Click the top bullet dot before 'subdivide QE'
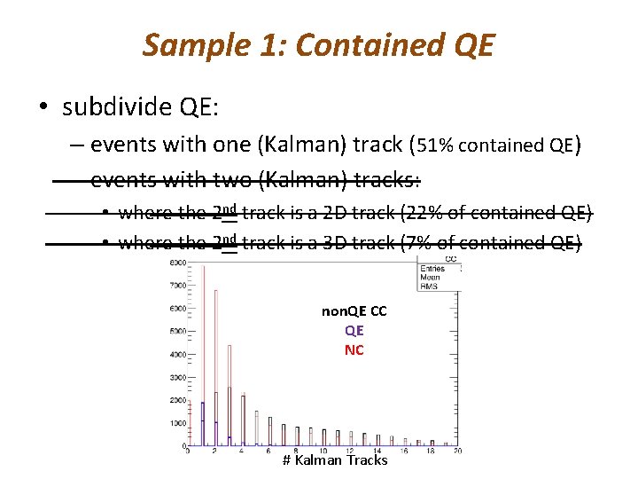pyautogui.click(x=43, y=107)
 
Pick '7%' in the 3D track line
pyautogui.click(x=427, y=242)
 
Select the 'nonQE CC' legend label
pyautogui.click(x=354, y=311)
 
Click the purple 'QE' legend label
pyautogui.click(x=354, y=330)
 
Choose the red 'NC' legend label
pyautogui.click(x=354, y=349)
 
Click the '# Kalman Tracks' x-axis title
pyautogui.click(x=334, y=459)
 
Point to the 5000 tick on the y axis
pyautogui.click(x=176, y=332)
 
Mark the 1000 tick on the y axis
pyautogui.click(x=176, y=423)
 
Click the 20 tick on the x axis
pyautogui.click(x=457, y=452)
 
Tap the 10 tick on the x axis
pyautogui.click(x=323, y=452)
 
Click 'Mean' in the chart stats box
pyautogui.click(x=432, y=277)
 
